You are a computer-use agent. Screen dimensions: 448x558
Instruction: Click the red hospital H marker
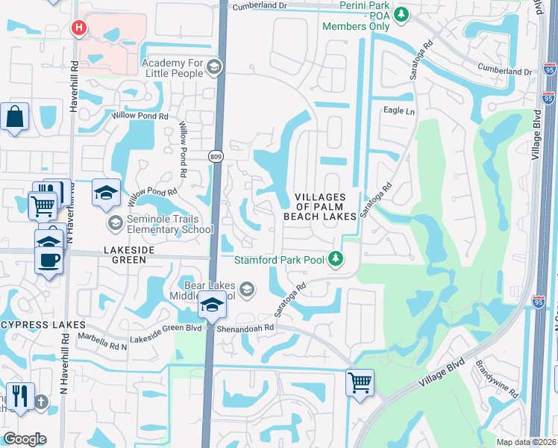click(78, 29)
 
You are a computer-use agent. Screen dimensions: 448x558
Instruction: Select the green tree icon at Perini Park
click(401, 13)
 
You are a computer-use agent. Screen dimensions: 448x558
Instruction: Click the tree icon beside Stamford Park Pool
click(336, 259)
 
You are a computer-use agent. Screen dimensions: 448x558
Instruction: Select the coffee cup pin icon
click(49, 261)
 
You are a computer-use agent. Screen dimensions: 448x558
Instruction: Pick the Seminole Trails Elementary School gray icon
click(115, 223)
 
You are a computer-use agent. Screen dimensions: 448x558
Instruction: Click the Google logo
click(25, 439)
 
